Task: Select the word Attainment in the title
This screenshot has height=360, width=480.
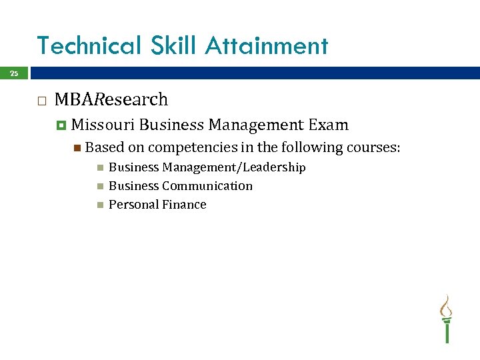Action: coord(267,46)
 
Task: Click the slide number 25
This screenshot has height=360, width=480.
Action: coord(14,74)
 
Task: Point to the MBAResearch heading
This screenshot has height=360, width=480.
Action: coord(111,100)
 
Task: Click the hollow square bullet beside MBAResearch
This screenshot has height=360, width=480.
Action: coord(41,101)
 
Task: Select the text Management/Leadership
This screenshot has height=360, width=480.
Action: coord(234,167)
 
